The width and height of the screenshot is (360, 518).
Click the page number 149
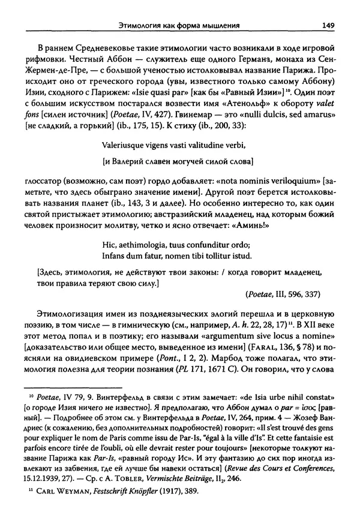point(327,25)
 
